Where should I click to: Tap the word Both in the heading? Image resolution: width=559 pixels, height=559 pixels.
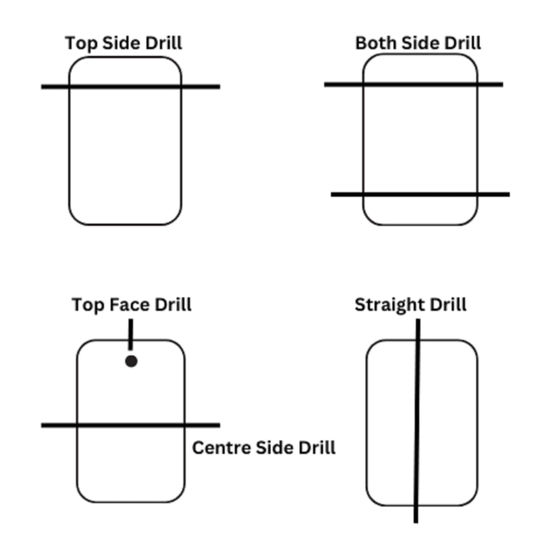pyautogui.click(x=376, y=43)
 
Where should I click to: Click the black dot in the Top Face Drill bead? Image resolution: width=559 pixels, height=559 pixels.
pyautogui.click(x=131, y=361)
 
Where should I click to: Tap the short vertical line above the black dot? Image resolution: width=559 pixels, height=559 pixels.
pyautogui.click(x=131, y=334)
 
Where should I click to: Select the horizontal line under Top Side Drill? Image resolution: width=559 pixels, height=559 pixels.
pyautogui.click(x=130, y=86)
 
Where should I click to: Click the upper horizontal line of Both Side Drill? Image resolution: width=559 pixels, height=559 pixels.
pyautogui.click(x=414, y=84)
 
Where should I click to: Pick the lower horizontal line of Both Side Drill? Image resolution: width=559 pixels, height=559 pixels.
pyautogui.click(x=420, y=194)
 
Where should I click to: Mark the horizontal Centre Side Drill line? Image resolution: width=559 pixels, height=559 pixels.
pyautogui.click(x=130, y=425)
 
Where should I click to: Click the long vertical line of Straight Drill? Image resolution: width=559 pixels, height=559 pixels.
pyautogui.click(x=417, y=421)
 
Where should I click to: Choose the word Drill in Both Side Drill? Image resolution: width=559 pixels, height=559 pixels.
pyautogui.click(x=463, y=43)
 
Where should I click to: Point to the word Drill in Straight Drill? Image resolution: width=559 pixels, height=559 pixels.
pyautogui.click(x=448, y=305)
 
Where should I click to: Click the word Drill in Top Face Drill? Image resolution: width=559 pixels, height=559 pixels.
pyautogui.click(x=173, y=305)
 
